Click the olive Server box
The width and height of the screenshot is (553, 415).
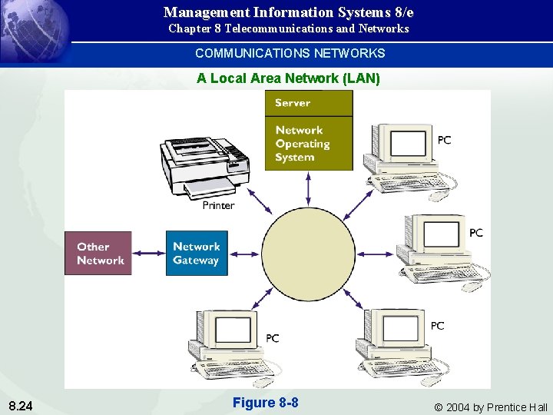309,103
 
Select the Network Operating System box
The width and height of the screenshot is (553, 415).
309,144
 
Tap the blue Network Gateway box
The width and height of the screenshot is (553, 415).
196,254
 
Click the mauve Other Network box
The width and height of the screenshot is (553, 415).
98,254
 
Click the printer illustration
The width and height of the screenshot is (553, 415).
204,164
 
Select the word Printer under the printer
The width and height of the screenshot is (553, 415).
218,205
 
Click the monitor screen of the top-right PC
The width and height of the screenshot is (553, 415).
407,144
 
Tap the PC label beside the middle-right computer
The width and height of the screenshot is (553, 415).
475,232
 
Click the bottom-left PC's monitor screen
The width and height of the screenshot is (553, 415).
233,329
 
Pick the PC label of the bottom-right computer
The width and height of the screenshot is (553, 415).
437,326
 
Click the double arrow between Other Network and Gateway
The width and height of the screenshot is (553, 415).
148,254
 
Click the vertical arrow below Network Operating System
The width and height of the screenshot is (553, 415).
309,188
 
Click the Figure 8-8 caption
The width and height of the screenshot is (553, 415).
265,403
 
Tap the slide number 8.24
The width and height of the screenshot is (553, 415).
21,405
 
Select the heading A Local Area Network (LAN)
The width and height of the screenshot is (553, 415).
288,78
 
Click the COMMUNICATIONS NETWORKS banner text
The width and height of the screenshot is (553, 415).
290,53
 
